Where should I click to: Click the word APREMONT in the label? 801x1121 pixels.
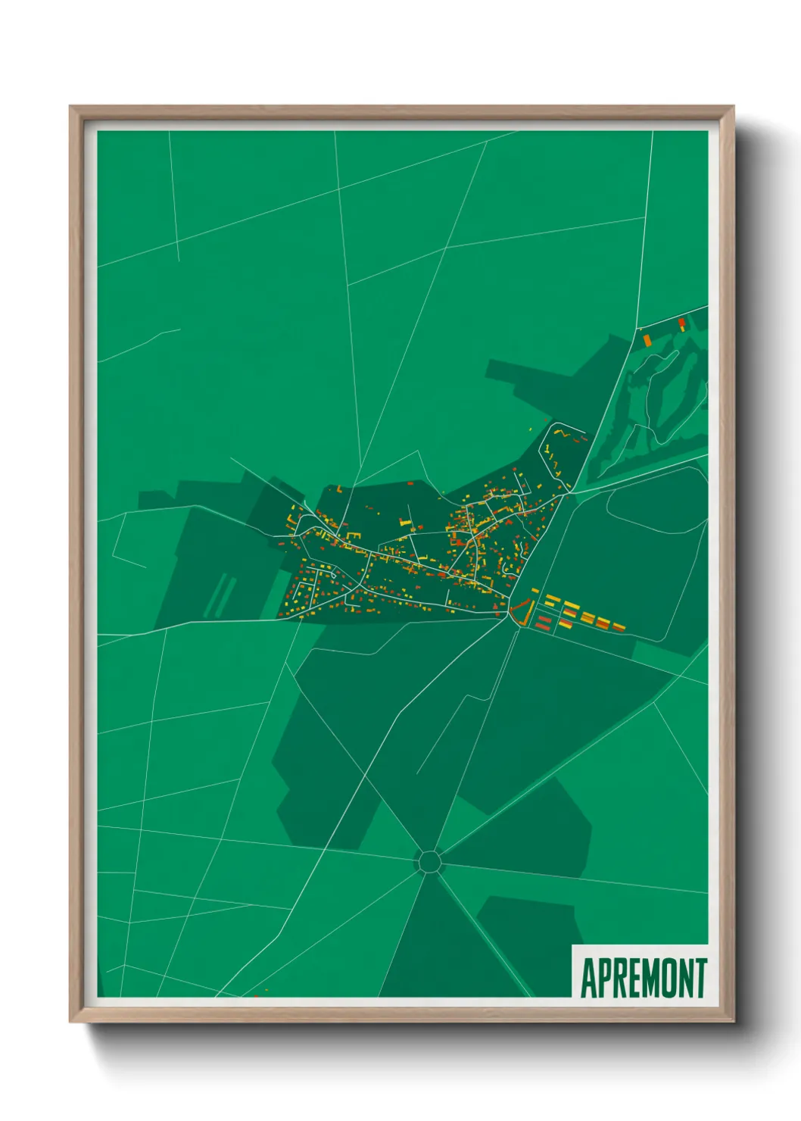644,978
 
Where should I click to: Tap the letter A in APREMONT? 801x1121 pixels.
588,978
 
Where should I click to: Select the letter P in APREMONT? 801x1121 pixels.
604,978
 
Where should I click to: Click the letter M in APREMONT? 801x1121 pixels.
651,978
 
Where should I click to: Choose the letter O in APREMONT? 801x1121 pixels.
669,978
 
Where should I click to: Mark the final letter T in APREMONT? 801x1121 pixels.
700,978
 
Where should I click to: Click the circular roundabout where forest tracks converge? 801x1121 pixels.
429,861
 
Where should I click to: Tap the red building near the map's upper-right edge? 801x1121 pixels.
681,323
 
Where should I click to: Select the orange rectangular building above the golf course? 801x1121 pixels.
647,339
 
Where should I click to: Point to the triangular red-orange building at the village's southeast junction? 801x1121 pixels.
521,610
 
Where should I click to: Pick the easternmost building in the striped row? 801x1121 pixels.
619,626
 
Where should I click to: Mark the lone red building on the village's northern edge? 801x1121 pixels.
410,482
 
